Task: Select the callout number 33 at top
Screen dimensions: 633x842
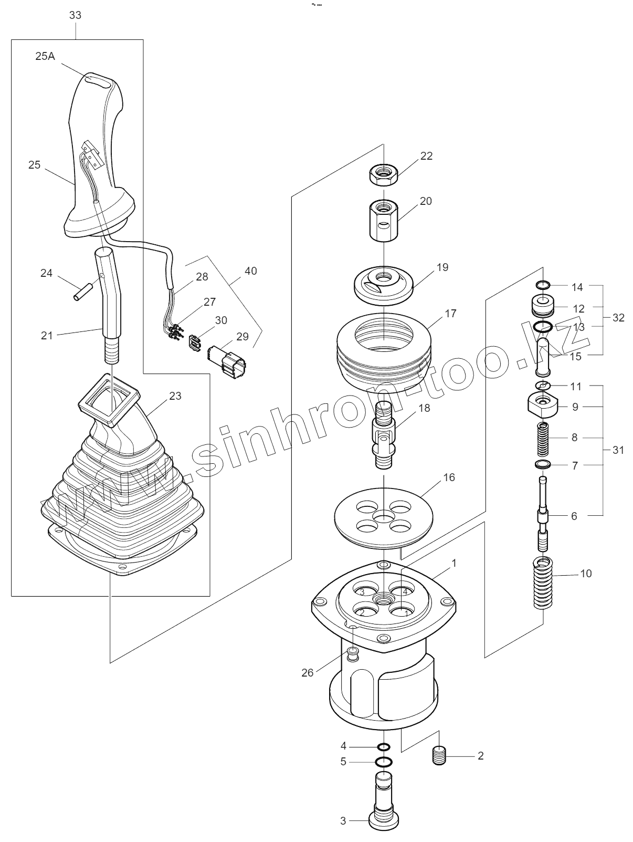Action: [76, 15]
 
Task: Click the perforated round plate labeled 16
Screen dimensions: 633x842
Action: [384, 512]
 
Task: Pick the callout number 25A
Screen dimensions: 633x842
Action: [45, 56]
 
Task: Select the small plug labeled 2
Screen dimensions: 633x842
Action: [439, 756]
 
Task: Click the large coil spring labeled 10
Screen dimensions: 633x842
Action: [543, 583]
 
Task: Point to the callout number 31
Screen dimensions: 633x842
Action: [618, 450]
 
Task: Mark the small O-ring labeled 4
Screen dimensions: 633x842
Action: [384, 747]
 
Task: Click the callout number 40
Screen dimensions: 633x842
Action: [251, 271]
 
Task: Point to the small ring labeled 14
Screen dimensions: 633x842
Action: [543, 286]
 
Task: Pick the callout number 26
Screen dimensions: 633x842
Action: [307, 673]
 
